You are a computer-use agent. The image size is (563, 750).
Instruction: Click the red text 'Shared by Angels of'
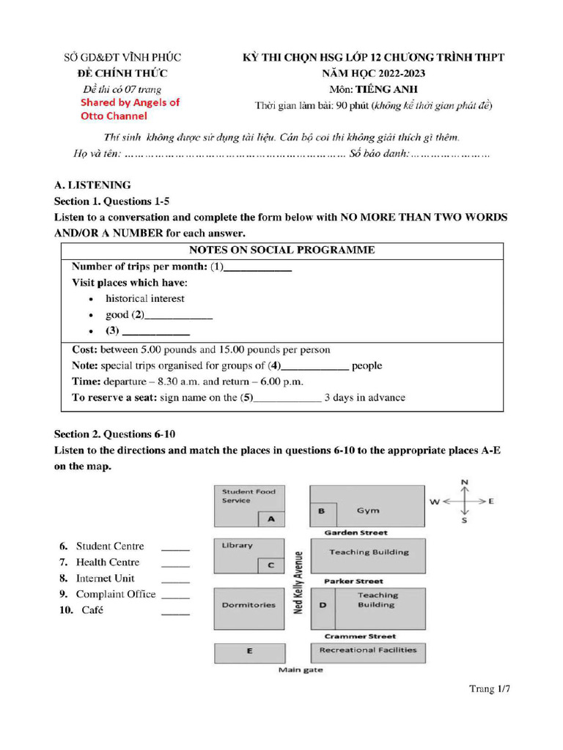130,103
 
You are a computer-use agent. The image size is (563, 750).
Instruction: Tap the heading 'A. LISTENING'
92,185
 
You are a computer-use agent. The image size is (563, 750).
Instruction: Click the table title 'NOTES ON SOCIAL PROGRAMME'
281,250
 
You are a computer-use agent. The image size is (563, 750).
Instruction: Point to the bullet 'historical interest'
144,299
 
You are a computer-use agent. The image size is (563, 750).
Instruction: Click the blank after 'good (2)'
180,316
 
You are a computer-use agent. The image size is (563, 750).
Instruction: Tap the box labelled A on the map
271,519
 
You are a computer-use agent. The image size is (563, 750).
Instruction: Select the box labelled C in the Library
271,565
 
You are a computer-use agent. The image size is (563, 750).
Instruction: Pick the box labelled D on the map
323,606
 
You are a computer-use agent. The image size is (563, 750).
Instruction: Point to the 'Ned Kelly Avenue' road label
298,582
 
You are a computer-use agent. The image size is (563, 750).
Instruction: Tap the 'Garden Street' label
356,532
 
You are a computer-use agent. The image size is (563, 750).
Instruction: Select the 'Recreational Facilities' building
368,650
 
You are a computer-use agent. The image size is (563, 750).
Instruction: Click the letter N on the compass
464,482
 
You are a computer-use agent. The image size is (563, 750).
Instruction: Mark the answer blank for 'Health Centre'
175,563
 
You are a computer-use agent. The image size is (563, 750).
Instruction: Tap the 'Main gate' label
301,669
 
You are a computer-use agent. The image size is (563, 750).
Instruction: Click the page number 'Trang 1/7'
489,688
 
